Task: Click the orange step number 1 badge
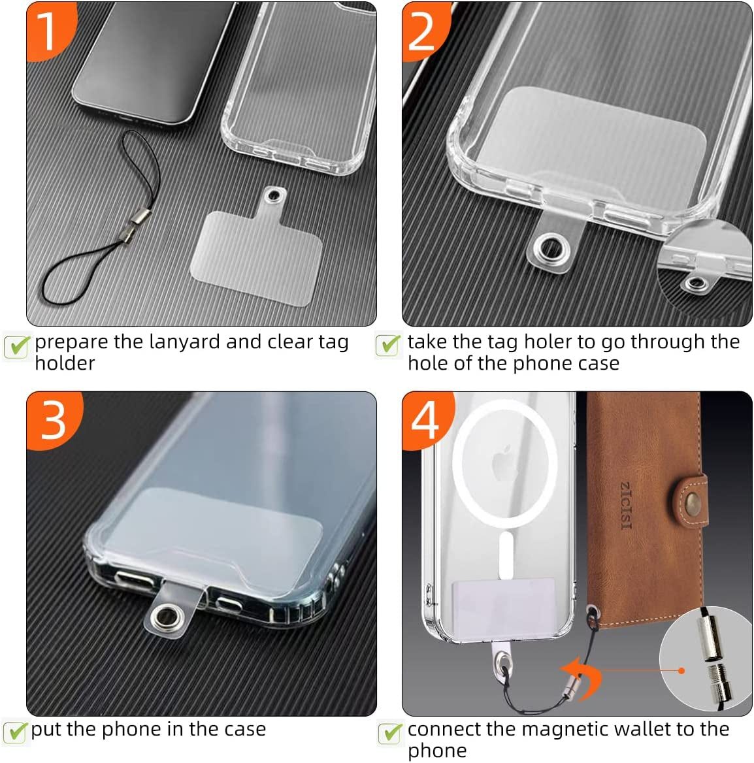[x=48, y=30]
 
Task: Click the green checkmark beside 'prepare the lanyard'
[x=18, y=346]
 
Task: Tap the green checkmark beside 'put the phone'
[x=16, y=732]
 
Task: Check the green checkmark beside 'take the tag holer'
[x=389, y=345]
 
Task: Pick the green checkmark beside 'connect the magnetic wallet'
[x=391, y=733]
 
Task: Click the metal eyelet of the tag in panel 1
[x=274, y=195]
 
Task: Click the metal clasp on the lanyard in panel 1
[x=135, y=224]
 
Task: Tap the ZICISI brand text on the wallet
[x=626, y=506]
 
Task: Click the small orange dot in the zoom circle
[x=681, y=671]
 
